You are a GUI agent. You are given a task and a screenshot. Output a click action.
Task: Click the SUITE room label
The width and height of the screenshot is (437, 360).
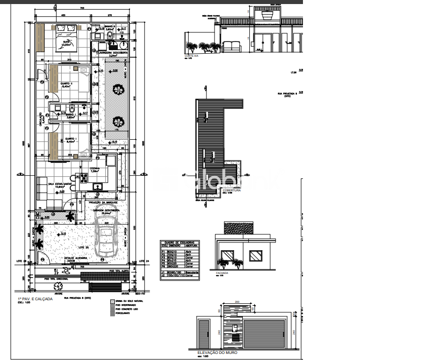coord(66,43)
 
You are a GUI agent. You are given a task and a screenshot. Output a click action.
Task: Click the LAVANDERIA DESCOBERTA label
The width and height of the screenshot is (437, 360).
coord(114,52)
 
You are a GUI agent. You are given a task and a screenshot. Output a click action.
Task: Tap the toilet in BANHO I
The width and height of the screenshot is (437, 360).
coord(74,109)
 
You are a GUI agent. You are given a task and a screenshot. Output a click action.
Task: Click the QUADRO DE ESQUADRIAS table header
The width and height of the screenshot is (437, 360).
coord(179,242)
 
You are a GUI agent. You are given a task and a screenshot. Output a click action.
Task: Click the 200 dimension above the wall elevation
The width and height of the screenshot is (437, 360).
coord(238,302)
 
